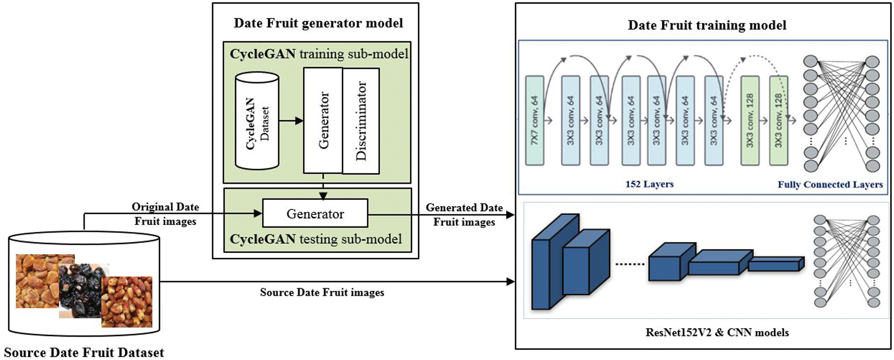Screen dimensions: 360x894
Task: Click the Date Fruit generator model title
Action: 318,23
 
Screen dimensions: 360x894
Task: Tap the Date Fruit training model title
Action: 707,25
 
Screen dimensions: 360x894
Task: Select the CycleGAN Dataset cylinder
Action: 257,121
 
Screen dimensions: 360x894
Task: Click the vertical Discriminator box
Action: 361,121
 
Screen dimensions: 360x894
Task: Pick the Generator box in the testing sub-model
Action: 315,213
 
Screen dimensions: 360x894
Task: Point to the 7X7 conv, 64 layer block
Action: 535,121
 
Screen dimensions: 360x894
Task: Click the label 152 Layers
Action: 649,184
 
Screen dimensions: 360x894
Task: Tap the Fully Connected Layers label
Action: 830,184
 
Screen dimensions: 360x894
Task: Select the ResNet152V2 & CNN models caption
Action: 717,332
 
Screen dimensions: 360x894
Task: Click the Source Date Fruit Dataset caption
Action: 84,353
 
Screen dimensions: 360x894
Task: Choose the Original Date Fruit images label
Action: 165,214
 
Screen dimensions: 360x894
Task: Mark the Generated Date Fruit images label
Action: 464,214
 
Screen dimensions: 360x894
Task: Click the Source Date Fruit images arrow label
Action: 322,292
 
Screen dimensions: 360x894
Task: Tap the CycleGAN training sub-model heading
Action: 319,54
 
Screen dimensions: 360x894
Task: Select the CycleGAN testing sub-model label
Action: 316,239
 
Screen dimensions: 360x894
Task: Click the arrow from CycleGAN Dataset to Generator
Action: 291,121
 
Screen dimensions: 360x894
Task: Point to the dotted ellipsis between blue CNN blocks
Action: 630,264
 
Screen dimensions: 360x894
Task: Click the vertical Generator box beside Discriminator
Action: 323,121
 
